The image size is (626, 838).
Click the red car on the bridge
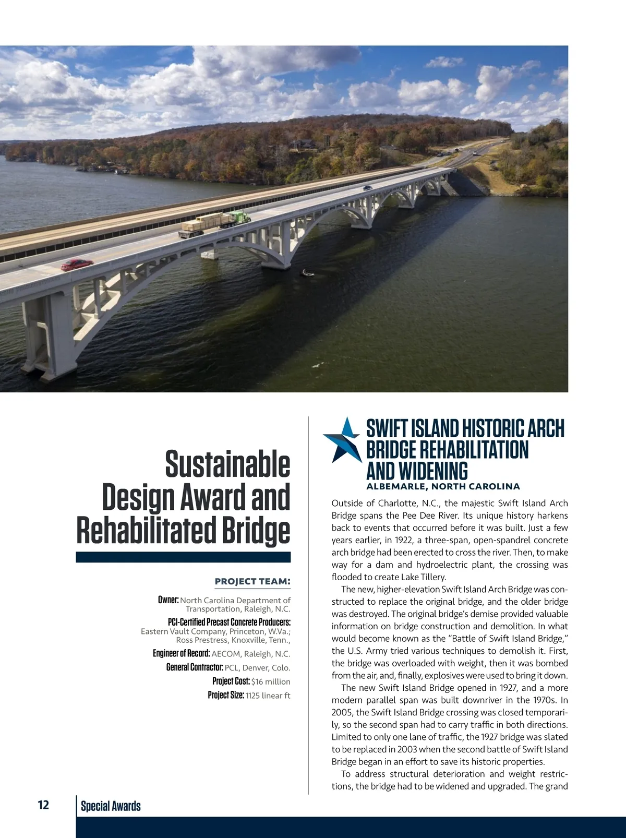pos(77,265)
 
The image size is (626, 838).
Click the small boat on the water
pos(308,272)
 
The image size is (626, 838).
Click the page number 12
pos(43,805)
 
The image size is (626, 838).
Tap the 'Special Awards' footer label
pos(111,806)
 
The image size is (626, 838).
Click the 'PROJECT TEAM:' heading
pos(252,581)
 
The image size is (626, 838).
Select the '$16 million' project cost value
pos(271,681)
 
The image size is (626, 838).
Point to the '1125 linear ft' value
pos(268,696)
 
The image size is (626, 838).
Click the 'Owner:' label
pos(168,600)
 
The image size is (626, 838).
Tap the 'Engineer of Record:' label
pos(182,653)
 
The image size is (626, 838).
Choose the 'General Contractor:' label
pos(195,667)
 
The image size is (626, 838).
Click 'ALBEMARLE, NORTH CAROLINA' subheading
pos(443,486)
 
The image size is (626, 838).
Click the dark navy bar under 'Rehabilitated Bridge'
pos(183,557)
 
